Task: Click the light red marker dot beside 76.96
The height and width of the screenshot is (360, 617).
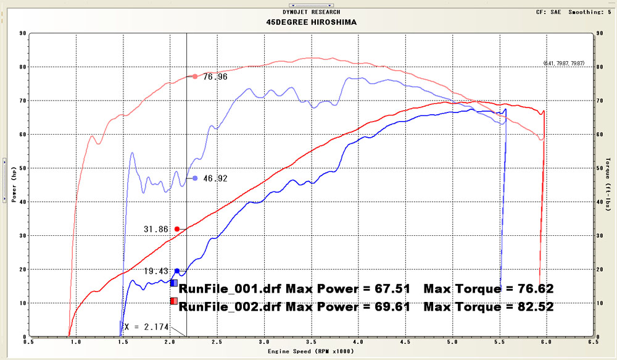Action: (x=195, y=77)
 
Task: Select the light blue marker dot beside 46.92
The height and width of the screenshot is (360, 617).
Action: (x=195, y=178)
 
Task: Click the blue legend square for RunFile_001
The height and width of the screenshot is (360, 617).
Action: (x=174, y=283)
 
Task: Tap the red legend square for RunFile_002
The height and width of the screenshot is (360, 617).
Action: (x=174, y=301)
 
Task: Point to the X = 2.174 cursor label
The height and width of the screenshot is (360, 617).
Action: (x=146, y=327)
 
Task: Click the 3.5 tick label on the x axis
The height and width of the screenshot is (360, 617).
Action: (x=311, y=341)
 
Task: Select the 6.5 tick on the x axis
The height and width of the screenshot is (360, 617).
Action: (x=593, y=341)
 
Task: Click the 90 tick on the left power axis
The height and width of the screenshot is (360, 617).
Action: (x=23, y=33)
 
